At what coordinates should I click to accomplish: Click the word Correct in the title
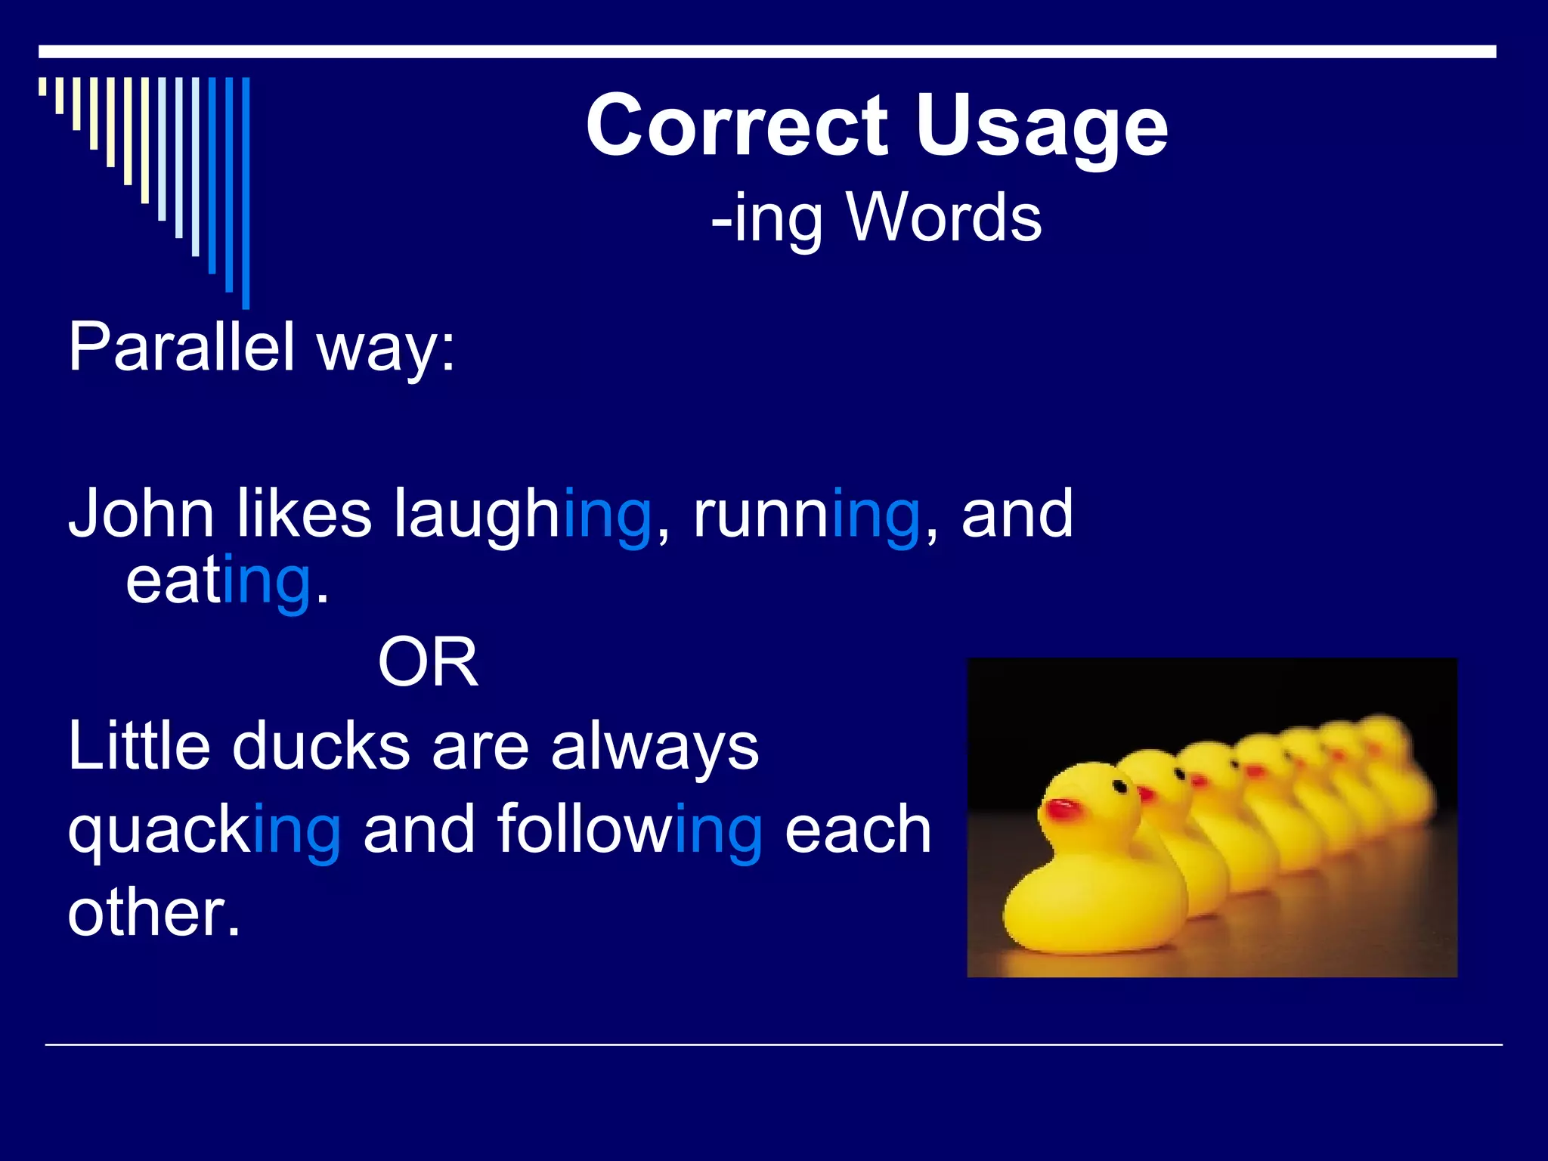point(737,126)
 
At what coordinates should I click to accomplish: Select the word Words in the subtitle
point(944,217)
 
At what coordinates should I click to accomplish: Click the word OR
point(428,662)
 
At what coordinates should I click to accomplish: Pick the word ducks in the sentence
point(320,747)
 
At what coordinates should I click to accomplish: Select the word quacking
point(204,831)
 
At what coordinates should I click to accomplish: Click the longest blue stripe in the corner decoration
point(246,193)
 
